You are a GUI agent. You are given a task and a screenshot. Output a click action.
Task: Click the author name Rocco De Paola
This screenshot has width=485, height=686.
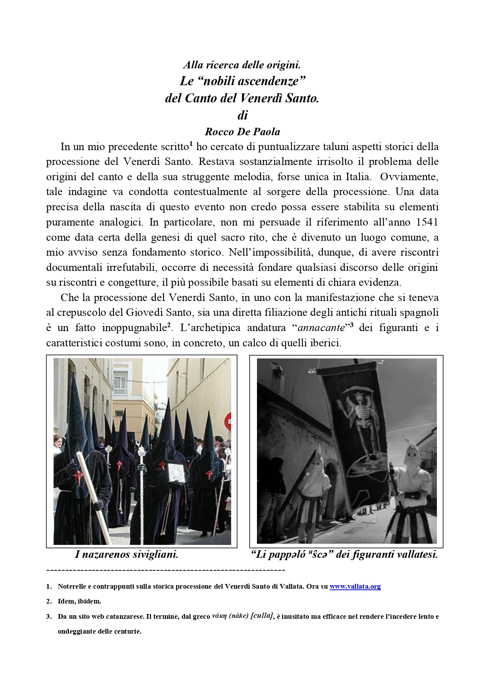pyautogui.click(x=242, y=131)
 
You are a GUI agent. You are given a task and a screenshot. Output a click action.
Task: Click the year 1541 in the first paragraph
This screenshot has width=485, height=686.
pyautogui.click(x=427, y=222)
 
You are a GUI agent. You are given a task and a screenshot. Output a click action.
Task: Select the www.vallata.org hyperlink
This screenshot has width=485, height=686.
pyautogui.click(x=355, y=586)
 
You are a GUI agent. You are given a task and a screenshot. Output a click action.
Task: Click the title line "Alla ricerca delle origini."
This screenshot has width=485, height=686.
pyautogui.click(x=242, y=64)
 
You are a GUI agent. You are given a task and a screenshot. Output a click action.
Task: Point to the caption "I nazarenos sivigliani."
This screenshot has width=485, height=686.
pyautogui.click(x=126, y=554)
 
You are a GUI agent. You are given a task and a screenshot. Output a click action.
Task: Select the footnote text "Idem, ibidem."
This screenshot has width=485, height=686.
pyautogui.click(x=79, y=601)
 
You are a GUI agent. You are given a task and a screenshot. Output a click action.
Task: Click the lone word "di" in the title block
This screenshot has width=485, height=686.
pyautogui.click(x=242, y=115)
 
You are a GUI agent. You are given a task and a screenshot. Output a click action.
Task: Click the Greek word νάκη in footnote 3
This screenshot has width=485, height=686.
pyautogui.click(x=219, y=616)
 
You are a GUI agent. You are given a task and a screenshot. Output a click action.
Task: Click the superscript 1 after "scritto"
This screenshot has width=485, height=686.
pyautogui.click(x=191, y=145)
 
